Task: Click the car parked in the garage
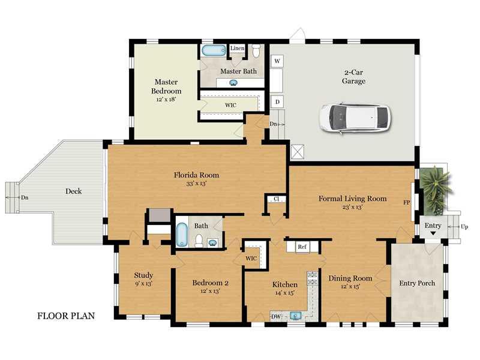click(355, 118)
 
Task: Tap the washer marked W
click(277, 61)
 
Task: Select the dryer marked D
click(277, 101)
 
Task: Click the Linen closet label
click(237, 49)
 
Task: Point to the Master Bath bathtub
click(214, 51)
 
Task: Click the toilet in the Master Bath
click(256, 50)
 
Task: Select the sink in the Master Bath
click(233, 83)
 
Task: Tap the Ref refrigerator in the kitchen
click(302, 247)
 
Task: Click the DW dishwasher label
click(276, 317)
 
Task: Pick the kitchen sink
click(295, 316)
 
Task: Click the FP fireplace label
click(407, 202)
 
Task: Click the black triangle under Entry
click(433, 233)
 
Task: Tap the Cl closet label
click(277, 199)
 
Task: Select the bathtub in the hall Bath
click(182, 235)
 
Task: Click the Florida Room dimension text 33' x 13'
click(196, 184)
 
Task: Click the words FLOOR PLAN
click(66, 316)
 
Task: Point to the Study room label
click(143, 275)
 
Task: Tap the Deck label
click(73, 191)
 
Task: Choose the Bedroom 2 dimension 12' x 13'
click(210, 291)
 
